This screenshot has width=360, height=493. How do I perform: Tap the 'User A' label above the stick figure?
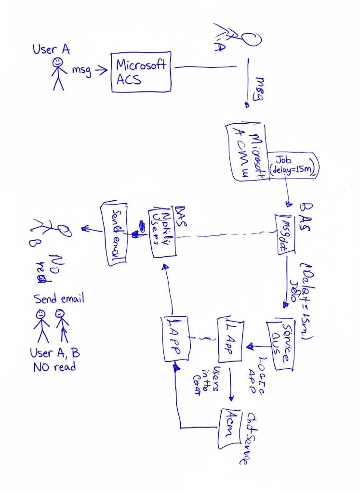(x=51, y=50)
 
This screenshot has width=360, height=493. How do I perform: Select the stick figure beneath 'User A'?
(x=58, y=74)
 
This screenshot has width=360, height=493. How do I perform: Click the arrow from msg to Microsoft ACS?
(x=101, y=71)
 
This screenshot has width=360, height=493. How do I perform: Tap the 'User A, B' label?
(x=54, y=353)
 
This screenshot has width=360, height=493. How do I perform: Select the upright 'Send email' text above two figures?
(x=58, y=298)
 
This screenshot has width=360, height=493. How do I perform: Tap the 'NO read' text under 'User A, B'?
(x=54, y=367)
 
